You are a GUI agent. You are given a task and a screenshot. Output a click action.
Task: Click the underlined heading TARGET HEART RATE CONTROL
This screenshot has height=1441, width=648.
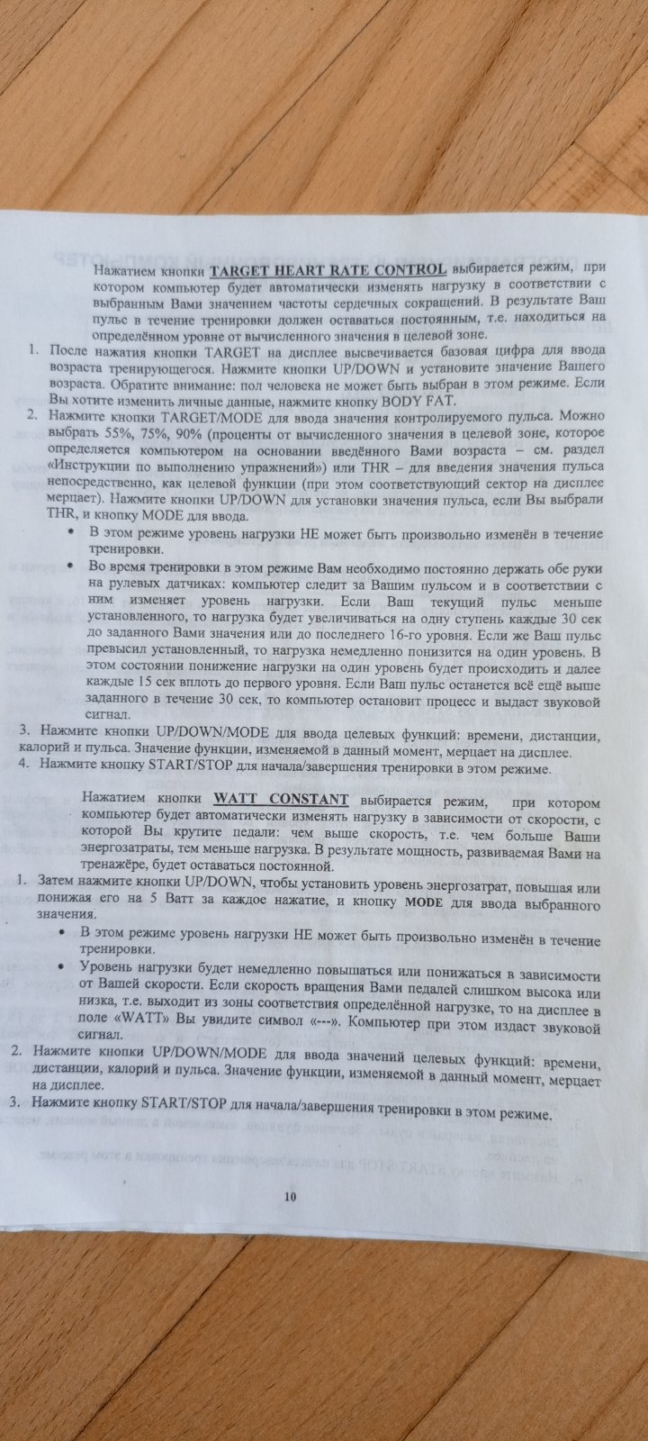(x=328, y=269)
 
